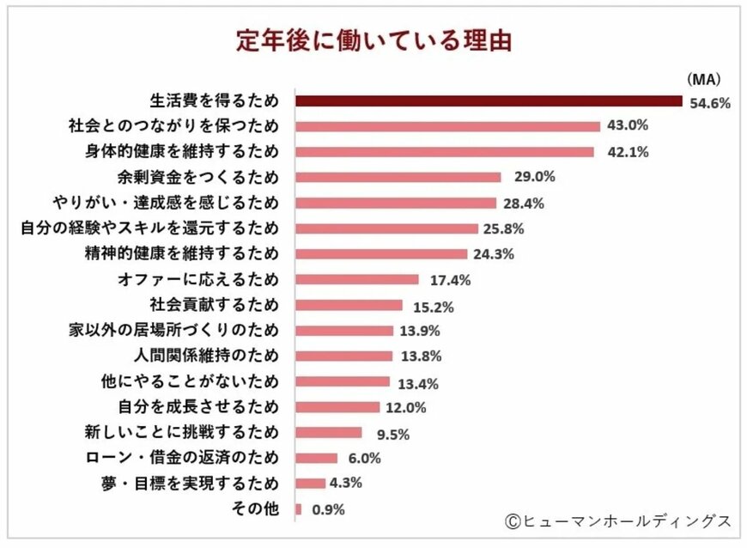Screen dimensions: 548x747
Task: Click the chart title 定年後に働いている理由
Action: [373, 40]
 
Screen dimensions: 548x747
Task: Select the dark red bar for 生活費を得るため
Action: [490, 100]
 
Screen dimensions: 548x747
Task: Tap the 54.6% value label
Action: [709, 103]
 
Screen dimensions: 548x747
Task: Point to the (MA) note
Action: [702, 79]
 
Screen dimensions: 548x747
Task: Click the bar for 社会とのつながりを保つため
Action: [447, 126]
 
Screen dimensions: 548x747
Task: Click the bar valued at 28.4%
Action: [396, 203]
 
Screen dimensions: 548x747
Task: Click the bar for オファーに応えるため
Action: [357, 279]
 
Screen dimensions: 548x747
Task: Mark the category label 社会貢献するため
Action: [215, 305]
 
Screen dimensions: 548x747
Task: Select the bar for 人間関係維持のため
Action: [343, 356]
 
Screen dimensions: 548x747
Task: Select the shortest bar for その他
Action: [298, 509]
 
